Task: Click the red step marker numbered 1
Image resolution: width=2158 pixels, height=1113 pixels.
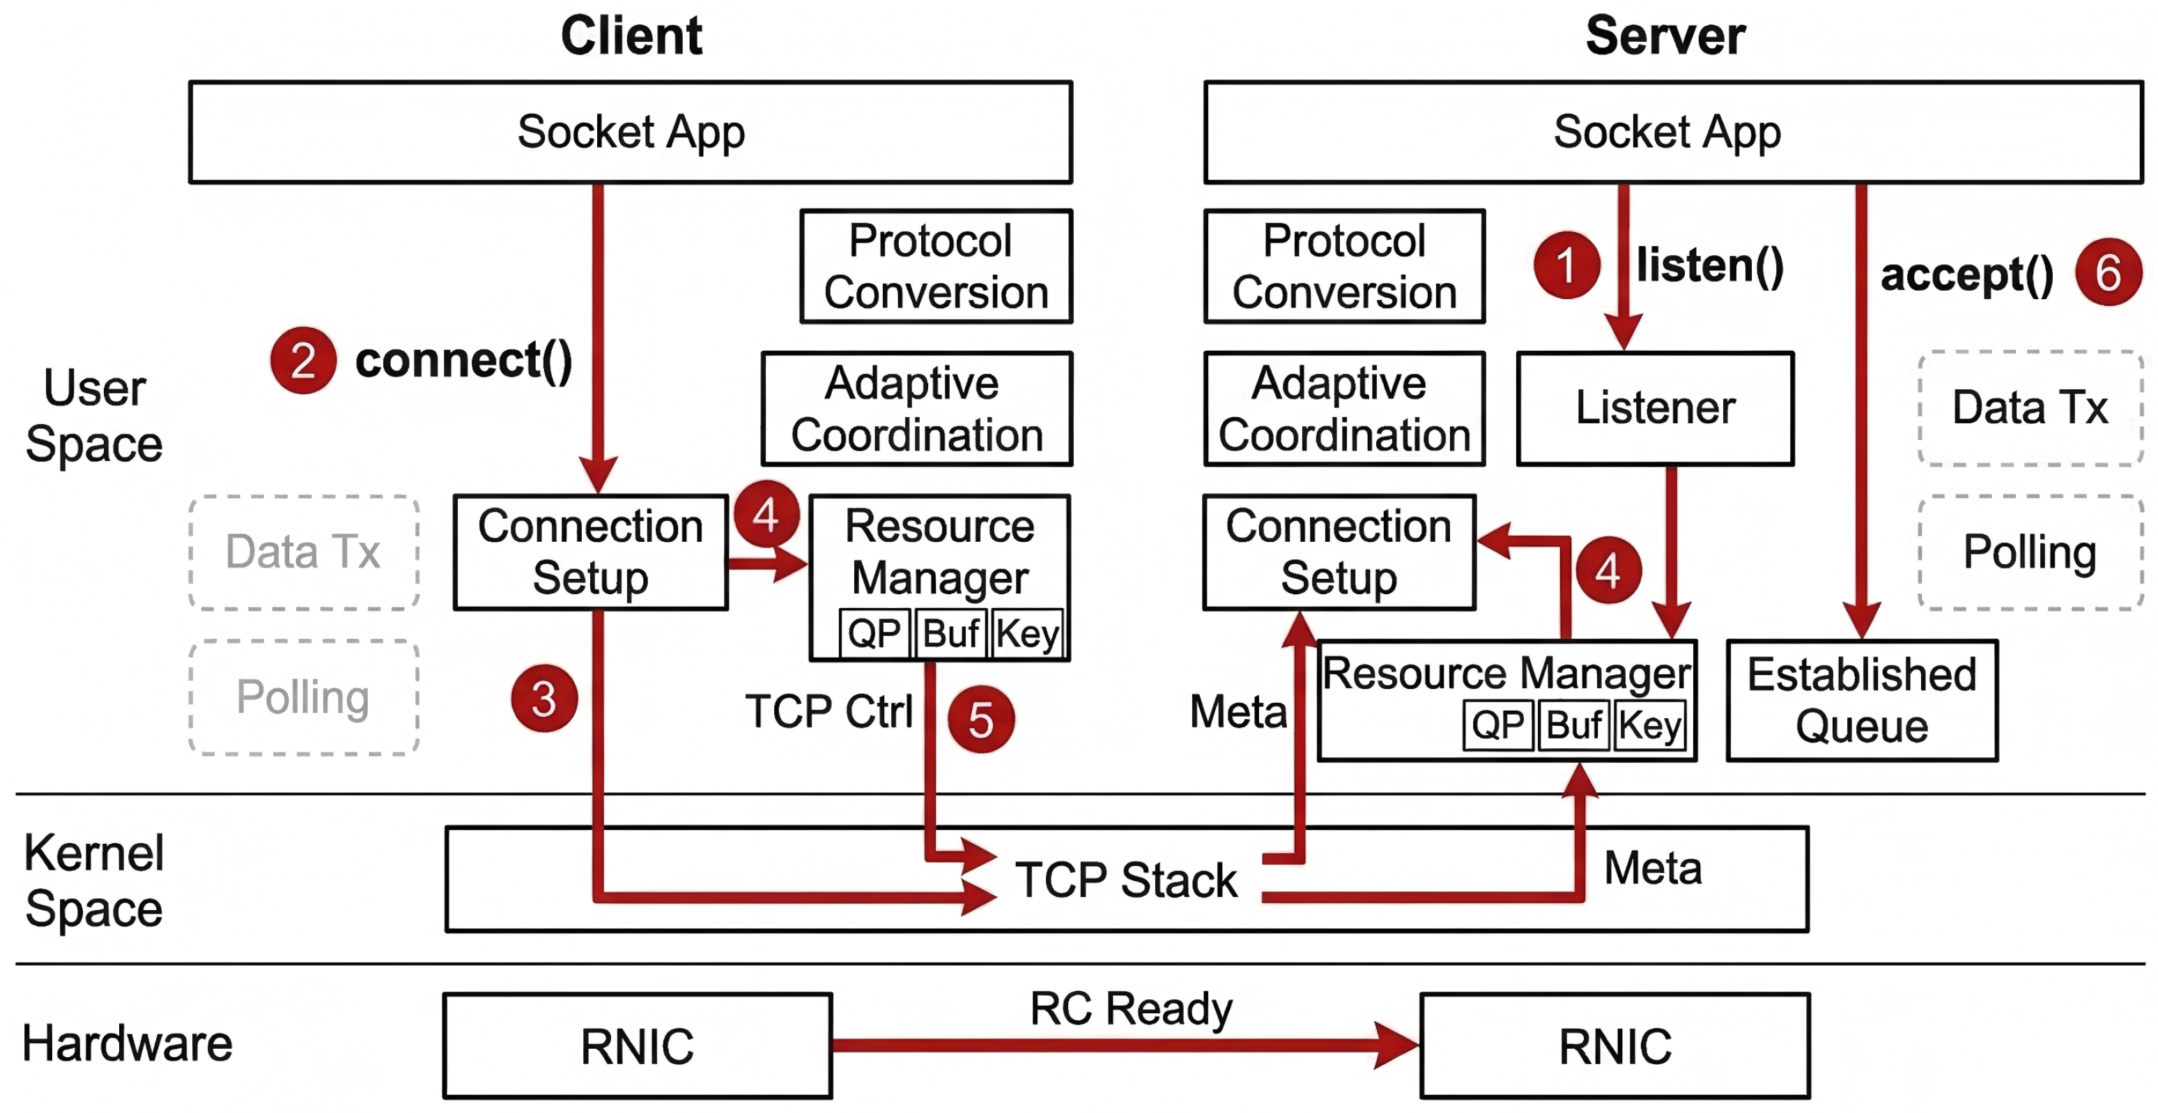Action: [1566, 266]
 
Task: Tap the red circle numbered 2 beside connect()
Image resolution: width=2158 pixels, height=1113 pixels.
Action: [303, 361]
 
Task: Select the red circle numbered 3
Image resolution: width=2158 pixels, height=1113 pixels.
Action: [544, 698]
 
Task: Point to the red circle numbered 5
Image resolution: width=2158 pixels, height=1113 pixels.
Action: [981, 719]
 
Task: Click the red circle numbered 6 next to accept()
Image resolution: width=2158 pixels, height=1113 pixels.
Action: [2108, 273]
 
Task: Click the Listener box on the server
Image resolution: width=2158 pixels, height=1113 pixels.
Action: [1654, 408]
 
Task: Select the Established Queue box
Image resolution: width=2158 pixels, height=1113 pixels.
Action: [1861, 700]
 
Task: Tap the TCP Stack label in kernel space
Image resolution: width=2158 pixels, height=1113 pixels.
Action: [1125, 880]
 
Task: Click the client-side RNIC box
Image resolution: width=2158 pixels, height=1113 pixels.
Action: [637, 1045]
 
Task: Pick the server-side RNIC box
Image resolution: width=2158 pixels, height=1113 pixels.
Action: [1614, 1045]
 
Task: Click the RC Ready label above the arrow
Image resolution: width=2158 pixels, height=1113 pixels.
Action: [1130, 1008]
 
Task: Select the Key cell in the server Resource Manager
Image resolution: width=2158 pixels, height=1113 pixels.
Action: [1649, 725]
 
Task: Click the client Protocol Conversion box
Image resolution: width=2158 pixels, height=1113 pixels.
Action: [936, 266]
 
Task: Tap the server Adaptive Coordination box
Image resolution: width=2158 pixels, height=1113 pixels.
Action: [1343, 409]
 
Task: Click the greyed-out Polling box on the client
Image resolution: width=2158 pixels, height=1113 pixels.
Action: [303, 697]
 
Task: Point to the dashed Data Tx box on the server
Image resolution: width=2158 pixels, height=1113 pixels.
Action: [2029, 408]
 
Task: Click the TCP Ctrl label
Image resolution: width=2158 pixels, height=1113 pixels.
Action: [828, 711]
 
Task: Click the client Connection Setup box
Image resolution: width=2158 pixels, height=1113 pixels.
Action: [589, 552]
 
